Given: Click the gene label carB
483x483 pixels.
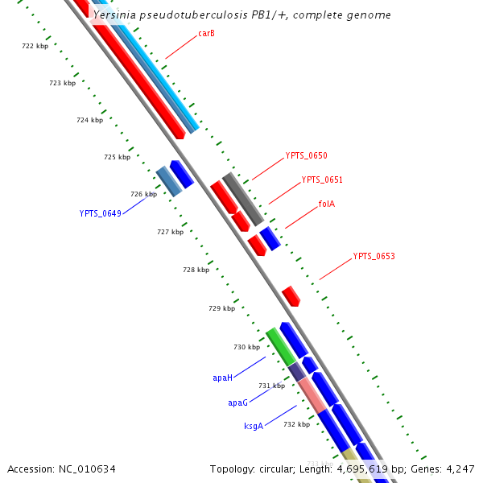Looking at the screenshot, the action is [206, 34].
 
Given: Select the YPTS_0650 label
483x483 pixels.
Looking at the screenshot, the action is [306, 155].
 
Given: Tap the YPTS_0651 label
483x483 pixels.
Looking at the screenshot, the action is [322, 180].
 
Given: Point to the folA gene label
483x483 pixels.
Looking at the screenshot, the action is [326, 204].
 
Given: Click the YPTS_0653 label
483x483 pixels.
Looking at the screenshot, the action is [374, 256].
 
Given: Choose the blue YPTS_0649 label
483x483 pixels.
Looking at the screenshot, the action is [100, 213].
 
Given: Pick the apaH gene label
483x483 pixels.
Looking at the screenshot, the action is [222, 377].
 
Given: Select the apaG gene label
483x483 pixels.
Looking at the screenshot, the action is [237, 402].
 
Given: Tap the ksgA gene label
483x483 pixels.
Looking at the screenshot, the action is [254, 426].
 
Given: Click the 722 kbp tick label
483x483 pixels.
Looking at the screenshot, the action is [35, 46].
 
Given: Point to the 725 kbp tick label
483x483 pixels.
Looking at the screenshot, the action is [117, 157].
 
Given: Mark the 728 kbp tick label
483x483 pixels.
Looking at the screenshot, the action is [196, 270].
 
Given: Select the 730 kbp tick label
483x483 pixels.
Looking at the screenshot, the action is [246, 347].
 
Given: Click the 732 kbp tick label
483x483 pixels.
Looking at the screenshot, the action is [296, 424].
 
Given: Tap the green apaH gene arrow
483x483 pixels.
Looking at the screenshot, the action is [281, 346].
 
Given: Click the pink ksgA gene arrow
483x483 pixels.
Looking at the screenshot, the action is [312, 394].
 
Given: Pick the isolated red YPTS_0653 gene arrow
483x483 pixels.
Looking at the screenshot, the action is [291, 295].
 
